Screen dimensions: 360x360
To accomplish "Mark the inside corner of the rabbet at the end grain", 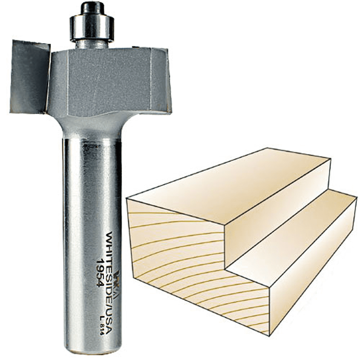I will [x=226, y=268].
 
